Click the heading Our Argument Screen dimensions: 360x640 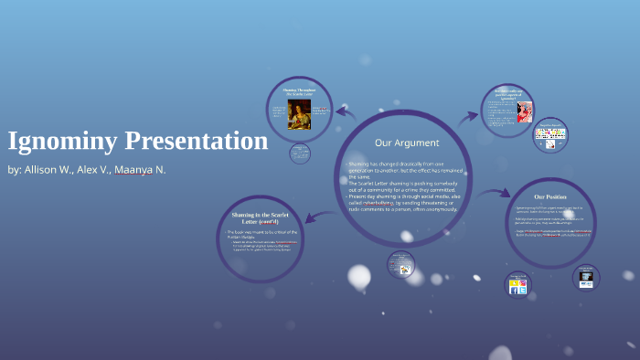click(407, 143)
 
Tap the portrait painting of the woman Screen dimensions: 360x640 click(298, 113)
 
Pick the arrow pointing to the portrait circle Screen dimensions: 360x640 click(344, 113)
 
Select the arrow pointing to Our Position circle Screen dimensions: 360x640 click(495, 194)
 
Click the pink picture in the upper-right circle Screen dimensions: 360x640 click(524, 111)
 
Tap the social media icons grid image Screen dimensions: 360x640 click(551, 138)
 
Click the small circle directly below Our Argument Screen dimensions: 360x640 click(400, 263)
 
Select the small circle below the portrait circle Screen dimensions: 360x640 click(300, 154)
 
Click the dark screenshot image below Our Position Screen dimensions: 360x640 click(585, 275)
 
